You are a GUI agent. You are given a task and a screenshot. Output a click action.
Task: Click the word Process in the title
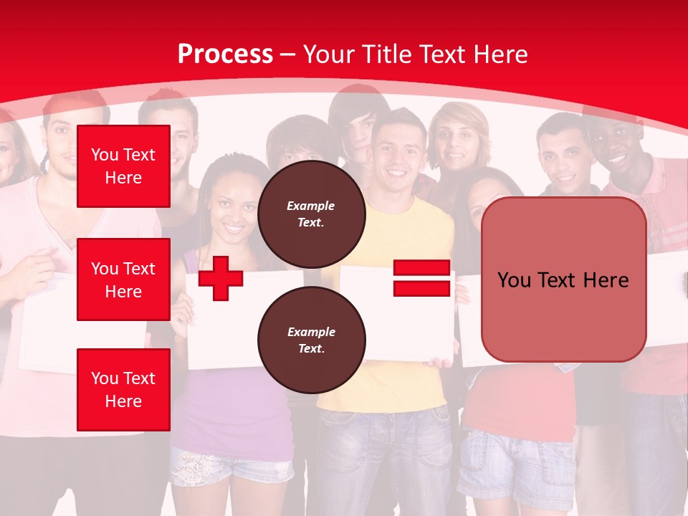point(225,54)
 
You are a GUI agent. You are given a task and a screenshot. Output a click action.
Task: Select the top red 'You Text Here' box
point(123,166)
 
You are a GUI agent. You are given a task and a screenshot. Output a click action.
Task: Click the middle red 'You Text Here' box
point(123,279)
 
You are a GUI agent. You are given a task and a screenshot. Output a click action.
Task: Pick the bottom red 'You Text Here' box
point(123,389)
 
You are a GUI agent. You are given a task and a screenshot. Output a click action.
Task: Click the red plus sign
point(220,278)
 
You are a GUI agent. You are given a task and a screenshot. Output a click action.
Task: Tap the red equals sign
point(421,278)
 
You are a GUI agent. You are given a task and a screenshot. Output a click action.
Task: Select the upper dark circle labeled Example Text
point(311,214)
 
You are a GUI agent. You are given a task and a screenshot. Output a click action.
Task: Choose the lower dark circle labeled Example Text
point(311,340)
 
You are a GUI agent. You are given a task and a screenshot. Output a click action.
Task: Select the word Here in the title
point(501,54)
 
